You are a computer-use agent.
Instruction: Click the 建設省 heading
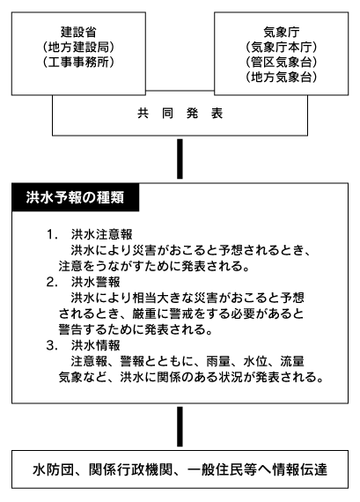pyautogui.click(x=78, y=32)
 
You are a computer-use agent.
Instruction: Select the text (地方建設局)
pyautogui.click(x=78, y=47)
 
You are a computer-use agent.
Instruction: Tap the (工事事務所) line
pyautogui.click(x=78, y=62)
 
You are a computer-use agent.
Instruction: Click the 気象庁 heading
pyautogui.click(x=282, y=32)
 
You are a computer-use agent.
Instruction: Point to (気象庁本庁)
pyautogui.click(x=282, y=47)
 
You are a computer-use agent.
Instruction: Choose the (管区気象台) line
pyautogui.click(x=282, y=62)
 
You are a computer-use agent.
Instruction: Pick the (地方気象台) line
pyautogui.click(x=282, y=77)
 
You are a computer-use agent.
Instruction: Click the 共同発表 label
pyautogui.click(x=180, y=114)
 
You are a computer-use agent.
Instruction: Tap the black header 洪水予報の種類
pyautogui.click(x=75, y=197)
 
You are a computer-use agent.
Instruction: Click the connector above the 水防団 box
pyautogui.click(x=180, y=426)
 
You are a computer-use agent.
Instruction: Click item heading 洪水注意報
pyautogui.click(x=102, y=234)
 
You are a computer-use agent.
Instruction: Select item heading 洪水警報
pyautogui.click(x=96, y=282)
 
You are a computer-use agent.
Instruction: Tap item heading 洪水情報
pyautogui.click(x=96, y=345)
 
